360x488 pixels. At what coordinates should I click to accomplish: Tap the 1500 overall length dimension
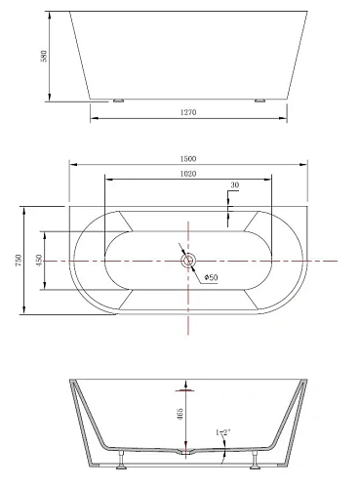pyautogui.click(x=188, y=158)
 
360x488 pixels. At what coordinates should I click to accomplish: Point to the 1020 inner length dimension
pyautogui.click(x=188, y=174)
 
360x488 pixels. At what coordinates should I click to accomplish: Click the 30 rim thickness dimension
pyautogui.click(x=235, y=185)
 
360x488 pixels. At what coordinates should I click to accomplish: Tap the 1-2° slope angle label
pyautogui.click(x=223, y=431)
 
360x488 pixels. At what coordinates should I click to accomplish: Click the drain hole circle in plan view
pyautogui.click(x=188, y=261)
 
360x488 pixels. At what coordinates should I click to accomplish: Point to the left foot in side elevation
pyautogui.click(x=117, y=100)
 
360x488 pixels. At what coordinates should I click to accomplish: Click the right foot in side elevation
pyautogui.click(x=260, y=100)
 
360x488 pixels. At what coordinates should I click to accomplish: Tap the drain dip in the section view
pyautogui.click(x=187, y=453)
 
